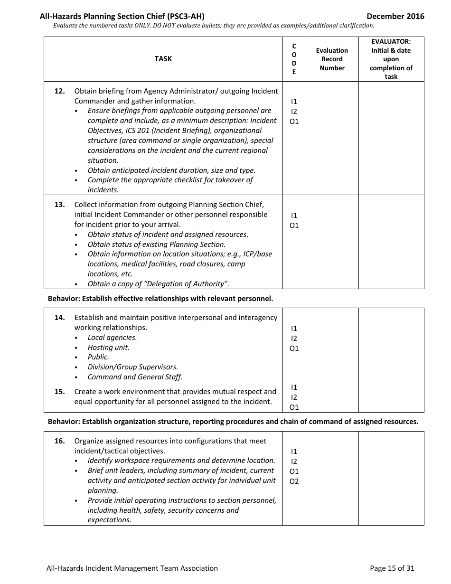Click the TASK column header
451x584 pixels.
pyautogui.click(x=163, y=59)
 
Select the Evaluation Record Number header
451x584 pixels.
pyautogui.click(x=332, y=59)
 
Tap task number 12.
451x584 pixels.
pyautogui.click(x=59, y=91)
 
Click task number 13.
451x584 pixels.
pyautogui.click(x=59, y=205)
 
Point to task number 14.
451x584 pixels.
pyautogui.click(x=59, y=318)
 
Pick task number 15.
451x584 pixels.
pyautogui.click(x=59, y=392)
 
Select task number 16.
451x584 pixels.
pyautogui.click(x=59, y=441)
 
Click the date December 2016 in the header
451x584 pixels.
pyautogui.click(x=395, y=17)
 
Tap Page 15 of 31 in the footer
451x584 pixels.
pyautogui.click(x=392, y=568)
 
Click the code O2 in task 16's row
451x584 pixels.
pyautogui.click(x=294, y=481)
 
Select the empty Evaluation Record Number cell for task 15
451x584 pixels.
pyautogui.click(x=332, y=397)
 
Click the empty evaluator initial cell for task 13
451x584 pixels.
pyautogui.click(x=391, y=242)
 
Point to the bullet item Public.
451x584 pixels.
pyautogui.click(x=98, y=357)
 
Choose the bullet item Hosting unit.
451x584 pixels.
pyautogui.click(x=108, y=348)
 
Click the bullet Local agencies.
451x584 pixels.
pyautogui.click(x=112, y=338)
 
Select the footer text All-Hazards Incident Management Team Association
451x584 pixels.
pyautogui.click(x=132, y=568)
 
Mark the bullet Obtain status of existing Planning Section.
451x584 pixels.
pyautogui.click(x=156, y=245)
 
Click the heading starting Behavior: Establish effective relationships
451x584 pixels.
pyautogui.click(x=160, y=299)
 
